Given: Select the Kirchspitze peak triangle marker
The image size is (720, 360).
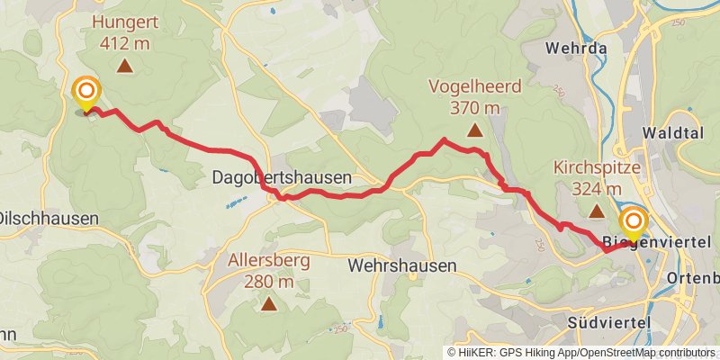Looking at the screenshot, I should pos(596,212).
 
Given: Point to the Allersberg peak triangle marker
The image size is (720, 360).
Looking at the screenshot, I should pos(268,304).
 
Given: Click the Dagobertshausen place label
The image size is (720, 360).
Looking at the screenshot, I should pos(282,178).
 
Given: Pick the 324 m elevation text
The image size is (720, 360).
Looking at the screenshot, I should pos(596,188).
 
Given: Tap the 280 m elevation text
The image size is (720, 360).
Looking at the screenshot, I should pos(268,281).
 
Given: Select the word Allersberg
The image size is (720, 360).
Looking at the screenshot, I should pos(268,261).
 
